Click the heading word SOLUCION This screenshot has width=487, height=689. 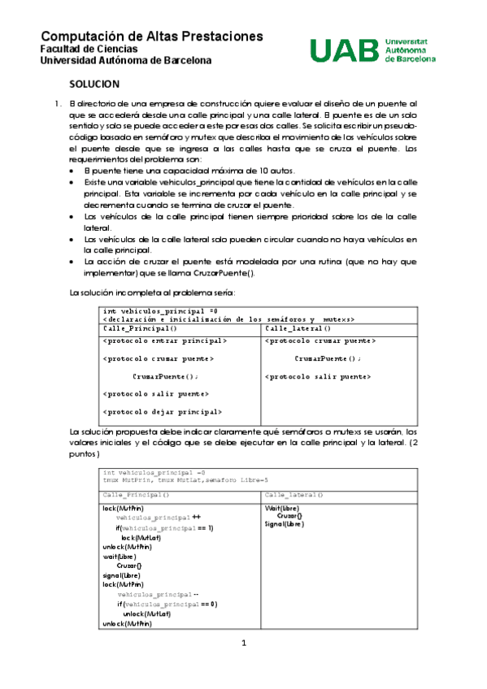94,84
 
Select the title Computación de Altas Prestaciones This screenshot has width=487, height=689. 152,37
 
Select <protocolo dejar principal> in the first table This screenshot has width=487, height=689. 163,412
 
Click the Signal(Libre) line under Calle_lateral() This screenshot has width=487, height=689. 285,524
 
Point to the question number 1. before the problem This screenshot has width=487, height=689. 57,104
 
